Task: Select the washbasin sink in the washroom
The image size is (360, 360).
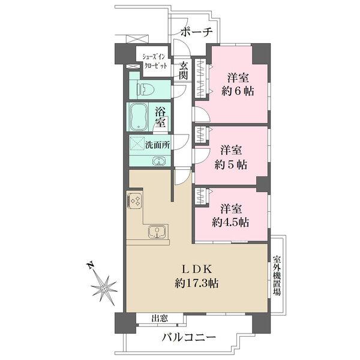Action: (x=159, y=161)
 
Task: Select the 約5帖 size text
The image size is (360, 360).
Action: (x=232, y=163)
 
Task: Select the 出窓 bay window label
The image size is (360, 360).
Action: (x=159, y=319)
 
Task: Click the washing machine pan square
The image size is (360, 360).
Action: (x=138, y=145)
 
